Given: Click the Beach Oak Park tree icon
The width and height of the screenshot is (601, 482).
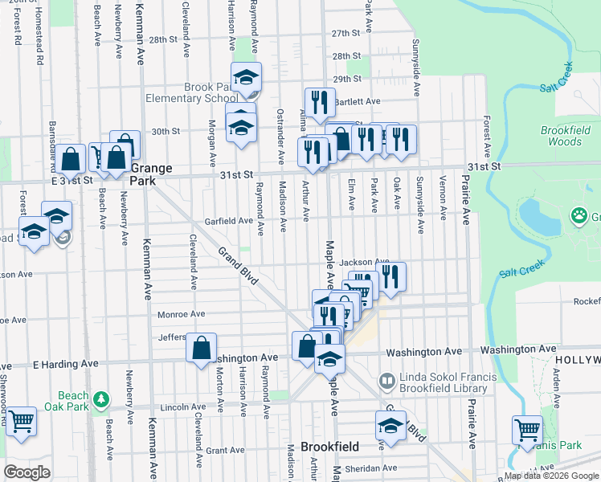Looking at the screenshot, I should [100, 399].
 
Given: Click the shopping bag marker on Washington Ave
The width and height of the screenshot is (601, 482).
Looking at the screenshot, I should [202, 348].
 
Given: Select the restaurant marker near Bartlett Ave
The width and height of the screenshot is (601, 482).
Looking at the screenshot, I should [320, 101].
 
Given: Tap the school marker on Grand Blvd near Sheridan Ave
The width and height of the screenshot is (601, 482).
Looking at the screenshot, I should [390, 425].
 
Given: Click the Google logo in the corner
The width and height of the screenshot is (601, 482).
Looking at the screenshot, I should [27, 472].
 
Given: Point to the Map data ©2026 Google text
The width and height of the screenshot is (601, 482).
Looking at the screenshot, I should [550, 476].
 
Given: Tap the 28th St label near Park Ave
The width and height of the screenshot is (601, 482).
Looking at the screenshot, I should [347, 55].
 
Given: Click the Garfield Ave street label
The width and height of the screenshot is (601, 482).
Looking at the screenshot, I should [233, 220].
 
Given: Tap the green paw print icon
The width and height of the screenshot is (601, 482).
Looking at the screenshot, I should [579, 214].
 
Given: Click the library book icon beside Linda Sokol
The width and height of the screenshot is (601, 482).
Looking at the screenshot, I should [387, 379].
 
